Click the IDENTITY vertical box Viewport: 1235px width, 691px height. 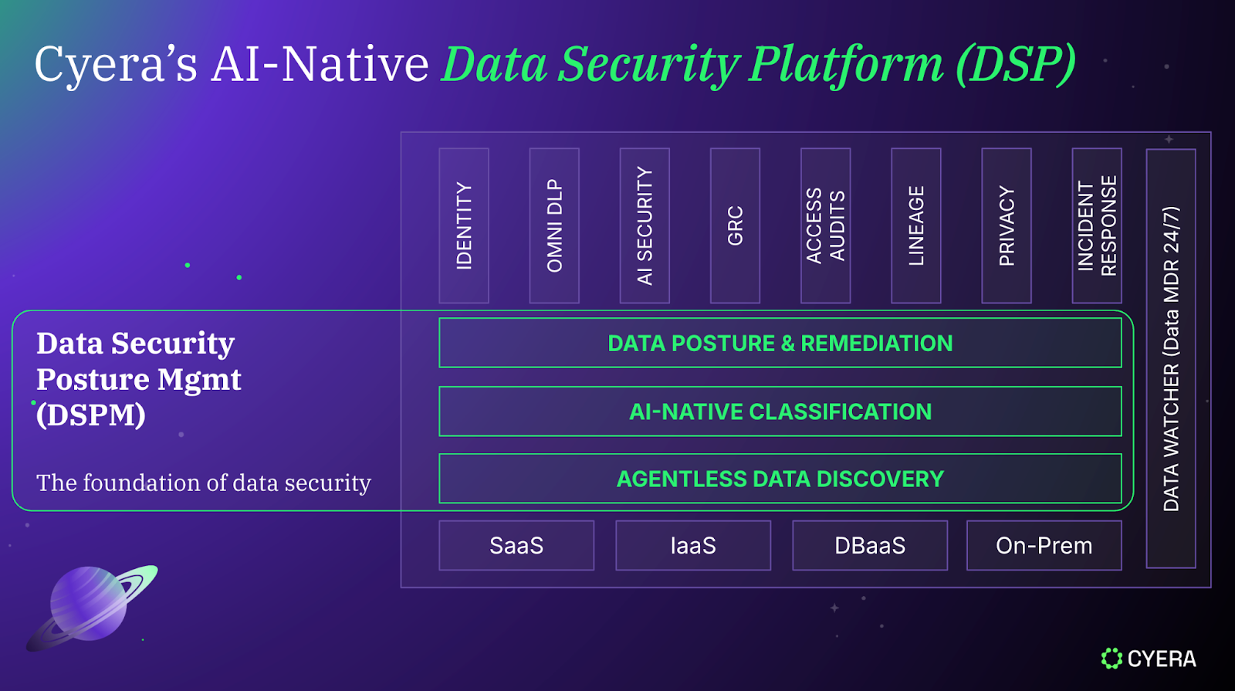click(463, 225)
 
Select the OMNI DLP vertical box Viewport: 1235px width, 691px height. click(554, 225)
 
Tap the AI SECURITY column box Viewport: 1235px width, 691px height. click(645, 225)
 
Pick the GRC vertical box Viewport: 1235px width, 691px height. click(735, 225)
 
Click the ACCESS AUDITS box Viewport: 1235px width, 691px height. click(825, 225)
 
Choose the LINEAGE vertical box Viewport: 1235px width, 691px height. click(915, 225)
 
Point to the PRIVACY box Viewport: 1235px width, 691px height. click(1006, 225)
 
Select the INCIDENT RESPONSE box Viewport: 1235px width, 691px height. click(1096, 225)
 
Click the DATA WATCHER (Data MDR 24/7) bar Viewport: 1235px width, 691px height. click(1171, 358)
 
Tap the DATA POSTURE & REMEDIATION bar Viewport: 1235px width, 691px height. click(780, 343)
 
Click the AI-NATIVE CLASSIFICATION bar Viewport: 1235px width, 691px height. click(780, 412)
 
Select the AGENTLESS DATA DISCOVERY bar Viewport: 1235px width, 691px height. click(780, 479)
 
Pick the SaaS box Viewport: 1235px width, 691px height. click(516, 546)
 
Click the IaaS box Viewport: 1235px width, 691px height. click(692, 546)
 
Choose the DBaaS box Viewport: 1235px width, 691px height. click(869, 546)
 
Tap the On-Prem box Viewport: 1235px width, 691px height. click(1044, 546)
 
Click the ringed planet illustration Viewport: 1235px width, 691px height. click(91, 606)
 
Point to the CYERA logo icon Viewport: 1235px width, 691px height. click(1111, 659)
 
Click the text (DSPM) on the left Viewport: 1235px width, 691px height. click(91, 415)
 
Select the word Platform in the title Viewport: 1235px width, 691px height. click(846, 64)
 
